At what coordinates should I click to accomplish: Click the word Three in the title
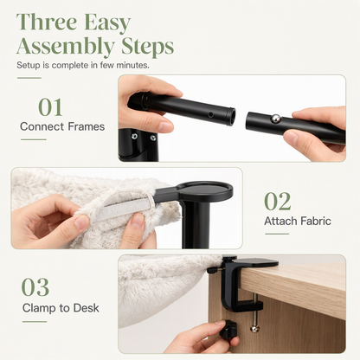[47, 22]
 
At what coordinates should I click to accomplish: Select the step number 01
[50, 107]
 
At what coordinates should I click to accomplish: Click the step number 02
[278, 202]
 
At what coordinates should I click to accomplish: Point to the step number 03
[35, 287]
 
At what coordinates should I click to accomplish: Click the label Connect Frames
[62, 126]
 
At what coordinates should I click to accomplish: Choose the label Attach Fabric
[298, 222]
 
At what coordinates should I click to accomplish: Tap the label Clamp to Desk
[61, 308]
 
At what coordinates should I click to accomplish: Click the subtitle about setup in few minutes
[83, 65]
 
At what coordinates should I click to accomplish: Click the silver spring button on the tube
[276, 119]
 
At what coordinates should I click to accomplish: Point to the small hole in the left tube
[211, 115]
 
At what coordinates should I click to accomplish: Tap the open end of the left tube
[230, 116]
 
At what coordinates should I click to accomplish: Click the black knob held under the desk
[228, 329]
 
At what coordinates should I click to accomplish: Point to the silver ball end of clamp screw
[254, 329]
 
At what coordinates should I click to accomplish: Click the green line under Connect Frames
[34, 139]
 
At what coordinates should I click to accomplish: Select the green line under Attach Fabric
[277, 234]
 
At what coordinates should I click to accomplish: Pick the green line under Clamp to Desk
[35, 322]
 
